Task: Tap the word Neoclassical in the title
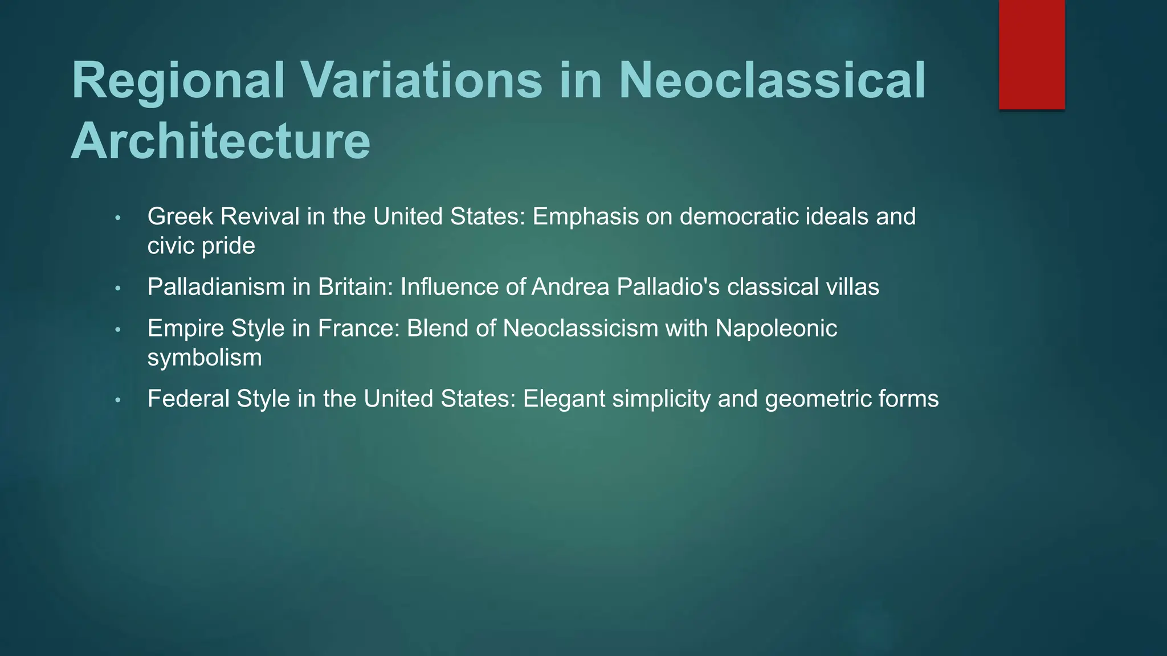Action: click(x=772, y=81)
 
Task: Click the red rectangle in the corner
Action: click(x=1031, y=54)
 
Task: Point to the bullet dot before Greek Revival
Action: click(x=118, y=219)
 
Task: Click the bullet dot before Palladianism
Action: click(x=118, y=289)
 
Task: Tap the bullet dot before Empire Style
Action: click(x=118, y=330)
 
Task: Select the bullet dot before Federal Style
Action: click(x=118, y=400)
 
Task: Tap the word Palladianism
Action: click(x=216, y=287)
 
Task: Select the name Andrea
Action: click(x=570, y=287)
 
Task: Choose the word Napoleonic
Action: click(x=776, y=329)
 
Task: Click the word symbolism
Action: click(x=205, y=358)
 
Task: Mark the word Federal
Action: click(x=188, y=399)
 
